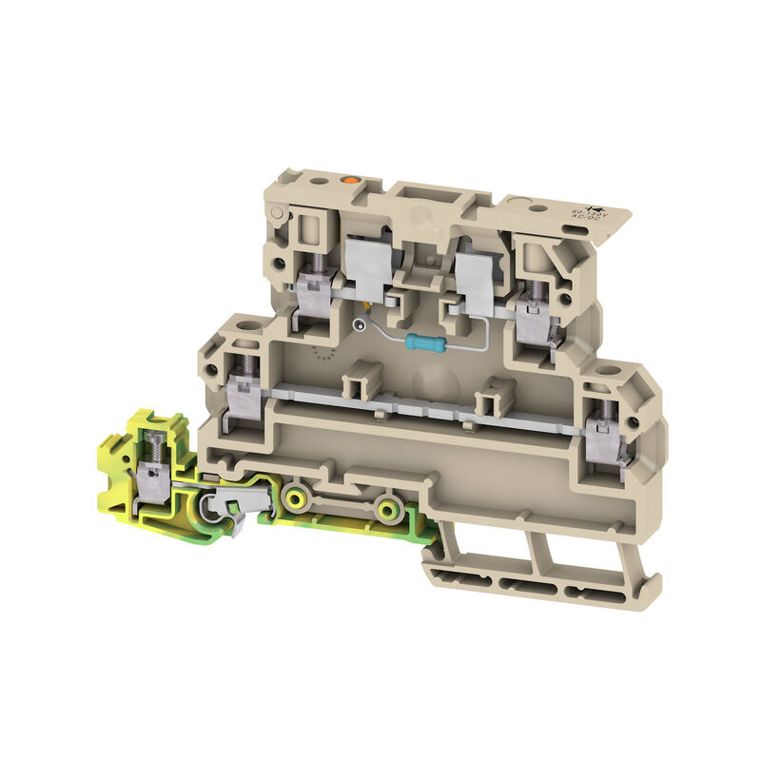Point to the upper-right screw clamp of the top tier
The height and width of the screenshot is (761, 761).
534,305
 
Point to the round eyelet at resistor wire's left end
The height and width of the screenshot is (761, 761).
358,325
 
